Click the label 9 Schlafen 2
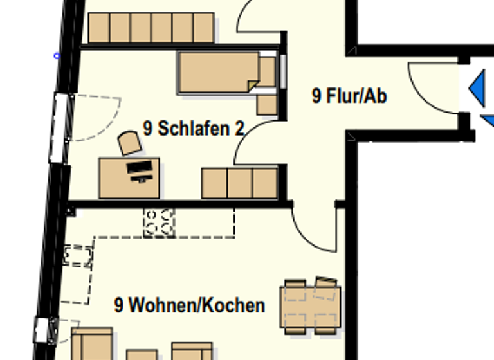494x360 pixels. click(194, 129)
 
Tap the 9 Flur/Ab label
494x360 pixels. click(349, 96)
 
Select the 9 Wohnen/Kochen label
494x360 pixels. click(190, 305)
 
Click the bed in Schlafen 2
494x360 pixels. click(219, 73)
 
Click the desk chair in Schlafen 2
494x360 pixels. click(131, 143)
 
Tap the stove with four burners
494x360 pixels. click(159, 222)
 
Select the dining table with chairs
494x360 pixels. click(311, 306)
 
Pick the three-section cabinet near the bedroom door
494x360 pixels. click(239, 183)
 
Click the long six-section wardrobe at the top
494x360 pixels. click(151, 28)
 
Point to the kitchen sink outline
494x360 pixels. click(77, 255)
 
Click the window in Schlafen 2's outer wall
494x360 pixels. click(60, 127)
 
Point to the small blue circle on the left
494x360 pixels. click(57, 56)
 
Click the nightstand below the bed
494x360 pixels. click(266, 104)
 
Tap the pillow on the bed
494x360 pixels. click(267, 71)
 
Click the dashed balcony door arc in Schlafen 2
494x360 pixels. click(96, 116)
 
